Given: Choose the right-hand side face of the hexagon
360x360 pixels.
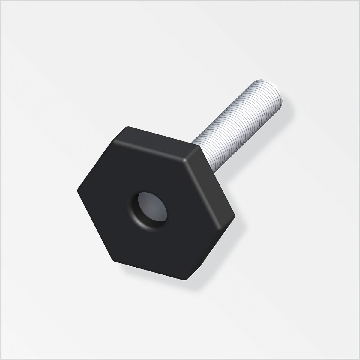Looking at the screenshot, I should [x=214, y=177].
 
